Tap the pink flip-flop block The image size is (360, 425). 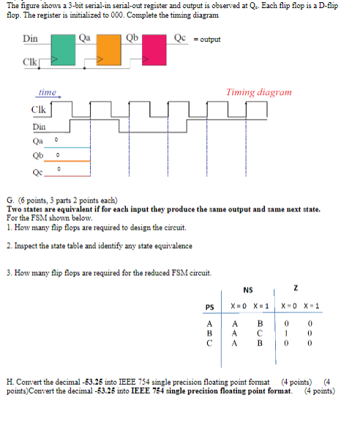coord(155,50)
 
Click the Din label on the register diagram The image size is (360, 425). coord(31,37)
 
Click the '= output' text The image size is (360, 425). coord(209,40)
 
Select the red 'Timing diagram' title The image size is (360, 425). coord(259,93)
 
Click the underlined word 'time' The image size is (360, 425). coord(48,93)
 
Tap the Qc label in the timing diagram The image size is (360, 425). coord(38,173)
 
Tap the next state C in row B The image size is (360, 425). coord(259,331)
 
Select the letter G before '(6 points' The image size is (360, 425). coord(9,199)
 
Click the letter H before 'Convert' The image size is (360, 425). coord(9,382)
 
